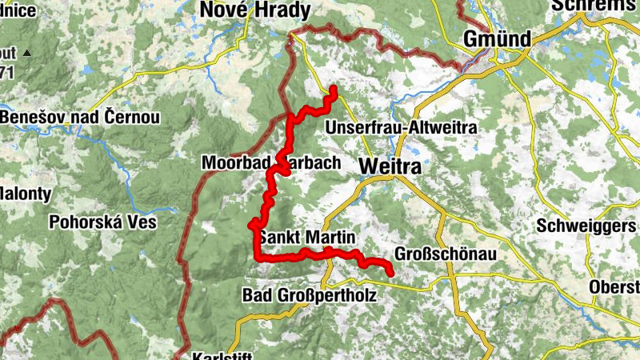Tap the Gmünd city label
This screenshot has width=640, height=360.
click(x=497, y=39)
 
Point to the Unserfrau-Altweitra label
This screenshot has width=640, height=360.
click(x=402, y=128)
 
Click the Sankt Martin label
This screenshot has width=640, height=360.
click(x=306, y=238)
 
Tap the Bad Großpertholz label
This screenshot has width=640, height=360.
click(x=308, y=295)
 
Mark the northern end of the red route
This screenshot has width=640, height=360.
click(x=333, y=89)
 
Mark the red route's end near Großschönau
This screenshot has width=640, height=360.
click(x=391, y=274)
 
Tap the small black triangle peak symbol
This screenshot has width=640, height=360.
click(x=26, y=54)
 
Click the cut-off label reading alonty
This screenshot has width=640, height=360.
click(x=26, y=194)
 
